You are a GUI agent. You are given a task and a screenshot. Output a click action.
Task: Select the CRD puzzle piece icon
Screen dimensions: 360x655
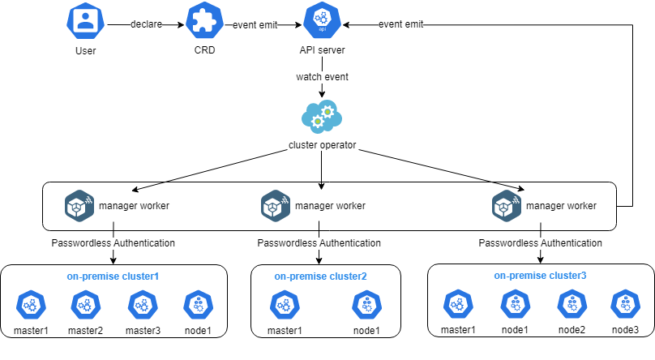(x=203, y=22)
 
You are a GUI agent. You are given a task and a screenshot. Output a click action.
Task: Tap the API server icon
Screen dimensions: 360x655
(x=322, y=22)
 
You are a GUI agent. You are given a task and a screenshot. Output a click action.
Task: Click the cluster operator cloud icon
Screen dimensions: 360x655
(x=322, y=117)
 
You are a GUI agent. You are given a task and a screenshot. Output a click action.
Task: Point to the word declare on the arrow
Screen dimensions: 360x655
(x=147, y=24)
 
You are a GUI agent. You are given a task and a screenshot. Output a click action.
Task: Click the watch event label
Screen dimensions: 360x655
(x=323, y=77)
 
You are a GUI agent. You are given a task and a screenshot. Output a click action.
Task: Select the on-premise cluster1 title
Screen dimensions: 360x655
(x=113, y=276)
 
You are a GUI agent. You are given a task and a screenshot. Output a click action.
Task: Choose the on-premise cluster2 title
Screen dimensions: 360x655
(x=320, y=276)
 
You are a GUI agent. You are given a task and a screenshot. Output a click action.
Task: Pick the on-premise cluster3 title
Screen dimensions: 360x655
(x=540, y=276)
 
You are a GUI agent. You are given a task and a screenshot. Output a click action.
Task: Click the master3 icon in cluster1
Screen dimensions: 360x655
(x=143, y=306)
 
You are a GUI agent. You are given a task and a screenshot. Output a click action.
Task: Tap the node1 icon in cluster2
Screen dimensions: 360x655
(x=366, y=306)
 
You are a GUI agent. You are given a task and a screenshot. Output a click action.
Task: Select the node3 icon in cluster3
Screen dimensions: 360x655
(x=625, y=305)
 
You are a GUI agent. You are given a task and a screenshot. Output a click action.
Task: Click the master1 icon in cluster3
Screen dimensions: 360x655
(x=458, y=305)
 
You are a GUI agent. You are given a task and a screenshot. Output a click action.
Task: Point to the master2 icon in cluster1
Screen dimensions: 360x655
(x=85, y=306)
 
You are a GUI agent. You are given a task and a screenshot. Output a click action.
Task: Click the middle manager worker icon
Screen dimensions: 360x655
(x=275, y=205)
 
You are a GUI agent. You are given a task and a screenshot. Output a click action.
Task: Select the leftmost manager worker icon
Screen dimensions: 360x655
(x=79, y=205)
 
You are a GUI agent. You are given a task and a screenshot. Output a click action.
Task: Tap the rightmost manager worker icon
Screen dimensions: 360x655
(x=507, y=205)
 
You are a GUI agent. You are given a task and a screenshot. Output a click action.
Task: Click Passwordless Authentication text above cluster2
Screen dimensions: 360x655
(x=319, y=242)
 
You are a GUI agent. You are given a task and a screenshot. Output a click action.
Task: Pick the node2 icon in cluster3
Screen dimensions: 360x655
(x=571, y=305)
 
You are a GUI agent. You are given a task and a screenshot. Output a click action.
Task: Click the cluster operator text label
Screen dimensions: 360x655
(x=323, y=146)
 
